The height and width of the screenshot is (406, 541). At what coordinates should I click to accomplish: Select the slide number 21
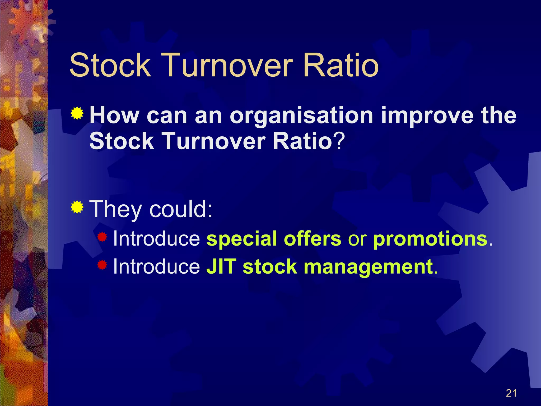[511, 393]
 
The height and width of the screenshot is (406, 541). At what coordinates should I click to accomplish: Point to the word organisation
[301, 116]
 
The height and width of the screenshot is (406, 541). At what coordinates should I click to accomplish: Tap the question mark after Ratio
[339, 141]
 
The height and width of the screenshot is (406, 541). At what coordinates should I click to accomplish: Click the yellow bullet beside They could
[77, 207]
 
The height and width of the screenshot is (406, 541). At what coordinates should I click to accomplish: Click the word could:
[181, 209]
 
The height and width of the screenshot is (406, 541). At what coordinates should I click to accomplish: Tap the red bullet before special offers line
[102, 237]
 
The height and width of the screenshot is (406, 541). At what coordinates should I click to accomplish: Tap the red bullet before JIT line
[102, 265]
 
